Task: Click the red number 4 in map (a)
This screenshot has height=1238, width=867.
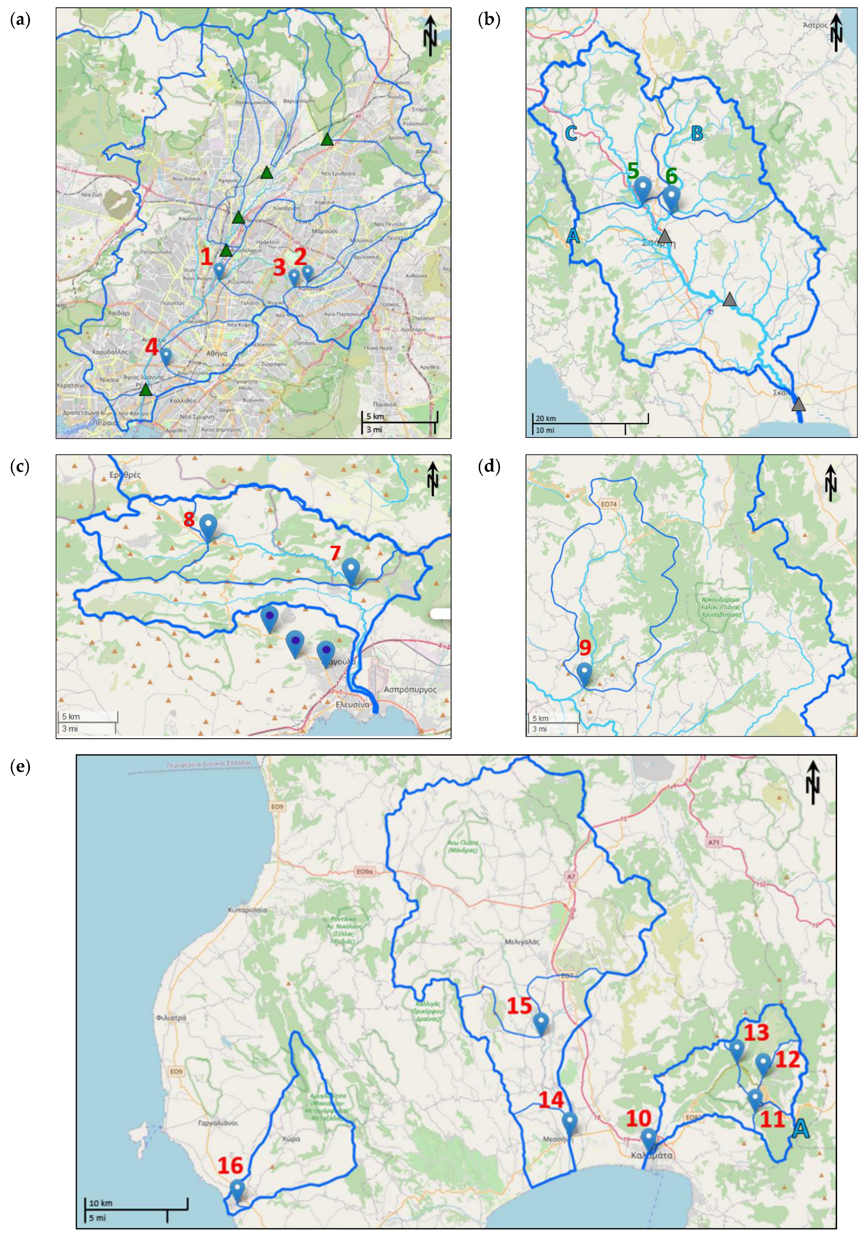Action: [152, 347]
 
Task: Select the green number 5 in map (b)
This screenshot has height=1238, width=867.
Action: [633, 171]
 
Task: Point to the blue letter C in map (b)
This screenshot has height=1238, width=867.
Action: [571, 133]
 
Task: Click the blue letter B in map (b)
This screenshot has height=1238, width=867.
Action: [697, 133]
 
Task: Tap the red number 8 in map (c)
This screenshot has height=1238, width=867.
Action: [189, 519]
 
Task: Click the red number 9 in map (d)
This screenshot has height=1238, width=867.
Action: [585, 647]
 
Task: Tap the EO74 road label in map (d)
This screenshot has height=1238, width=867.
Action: [608, 504]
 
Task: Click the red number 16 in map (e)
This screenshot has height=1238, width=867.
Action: [230, 1165]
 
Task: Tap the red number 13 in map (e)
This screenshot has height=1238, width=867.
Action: [756, 1032]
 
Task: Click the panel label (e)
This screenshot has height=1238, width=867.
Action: [20, 766]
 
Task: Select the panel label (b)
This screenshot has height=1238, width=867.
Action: [489, 20]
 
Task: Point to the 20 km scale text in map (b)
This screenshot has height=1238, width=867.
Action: [546, 418]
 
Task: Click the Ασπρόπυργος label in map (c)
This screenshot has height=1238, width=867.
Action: [410, 689]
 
